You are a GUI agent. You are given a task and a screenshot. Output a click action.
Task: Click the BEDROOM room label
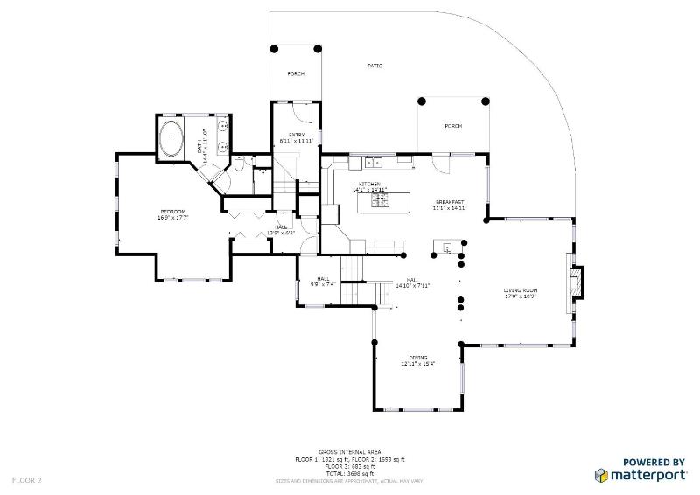(173, 212)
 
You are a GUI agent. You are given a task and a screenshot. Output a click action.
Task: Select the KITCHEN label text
(368, 185)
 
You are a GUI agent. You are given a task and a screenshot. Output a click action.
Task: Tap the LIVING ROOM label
(520, 290)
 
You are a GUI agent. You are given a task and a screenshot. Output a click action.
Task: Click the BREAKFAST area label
(448, 202)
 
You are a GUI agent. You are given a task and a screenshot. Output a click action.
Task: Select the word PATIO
(374, 66)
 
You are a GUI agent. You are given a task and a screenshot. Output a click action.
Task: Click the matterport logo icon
(602, 475)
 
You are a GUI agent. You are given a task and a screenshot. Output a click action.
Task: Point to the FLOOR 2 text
(27, 479)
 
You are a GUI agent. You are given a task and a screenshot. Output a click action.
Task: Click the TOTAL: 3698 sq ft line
(349, 472)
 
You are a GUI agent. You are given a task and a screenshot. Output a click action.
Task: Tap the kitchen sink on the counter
(373, 161)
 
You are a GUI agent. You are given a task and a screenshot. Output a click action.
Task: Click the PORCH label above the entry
(296, 73)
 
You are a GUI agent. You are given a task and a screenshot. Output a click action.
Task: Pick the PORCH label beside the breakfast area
(452, 126)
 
